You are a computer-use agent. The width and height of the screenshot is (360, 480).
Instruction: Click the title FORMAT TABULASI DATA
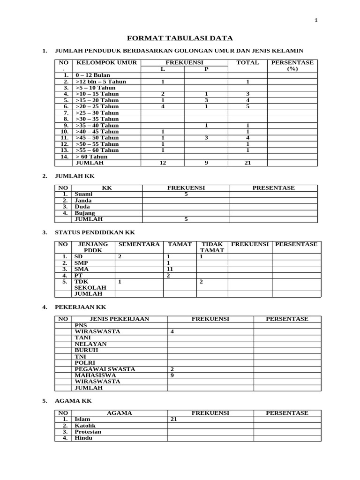180,38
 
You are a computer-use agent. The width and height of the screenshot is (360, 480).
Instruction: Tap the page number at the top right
316,20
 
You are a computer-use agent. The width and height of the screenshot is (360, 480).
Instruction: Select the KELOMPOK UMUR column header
106,62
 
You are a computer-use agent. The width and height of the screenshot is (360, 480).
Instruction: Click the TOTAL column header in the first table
247,62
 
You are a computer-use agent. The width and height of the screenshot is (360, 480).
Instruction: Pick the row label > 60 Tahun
92,157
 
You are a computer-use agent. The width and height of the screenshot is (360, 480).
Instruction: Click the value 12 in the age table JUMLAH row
163,163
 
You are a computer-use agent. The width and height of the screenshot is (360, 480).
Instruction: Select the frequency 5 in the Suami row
186,194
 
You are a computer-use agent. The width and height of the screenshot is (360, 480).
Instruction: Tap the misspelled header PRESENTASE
274,188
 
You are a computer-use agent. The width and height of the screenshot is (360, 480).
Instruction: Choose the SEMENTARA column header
139,244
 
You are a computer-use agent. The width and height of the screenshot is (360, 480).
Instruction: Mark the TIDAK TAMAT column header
212,247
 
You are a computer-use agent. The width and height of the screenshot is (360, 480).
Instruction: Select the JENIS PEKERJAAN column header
119,319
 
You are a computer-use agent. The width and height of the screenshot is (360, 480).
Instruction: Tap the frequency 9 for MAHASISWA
172,375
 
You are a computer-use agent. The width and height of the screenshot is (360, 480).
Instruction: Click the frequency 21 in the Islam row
173,419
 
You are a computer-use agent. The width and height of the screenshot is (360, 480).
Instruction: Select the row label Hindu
83,438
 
